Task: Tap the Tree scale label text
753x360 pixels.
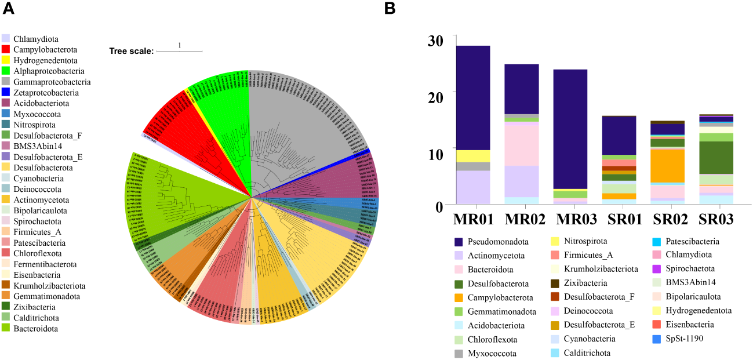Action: click(x=132, y=51)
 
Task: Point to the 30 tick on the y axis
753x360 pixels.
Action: click(x=435, y=41)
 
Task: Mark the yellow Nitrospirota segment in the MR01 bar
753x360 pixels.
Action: click(x=474, y=156)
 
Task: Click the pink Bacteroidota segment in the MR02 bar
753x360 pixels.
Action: click(x=522, y=146)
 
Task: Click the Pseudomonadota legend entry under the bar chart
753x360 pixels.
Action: click(x=492, y=242)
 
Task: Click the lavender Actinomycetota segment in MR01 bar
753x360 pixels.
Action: click(x=474, y=187)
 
